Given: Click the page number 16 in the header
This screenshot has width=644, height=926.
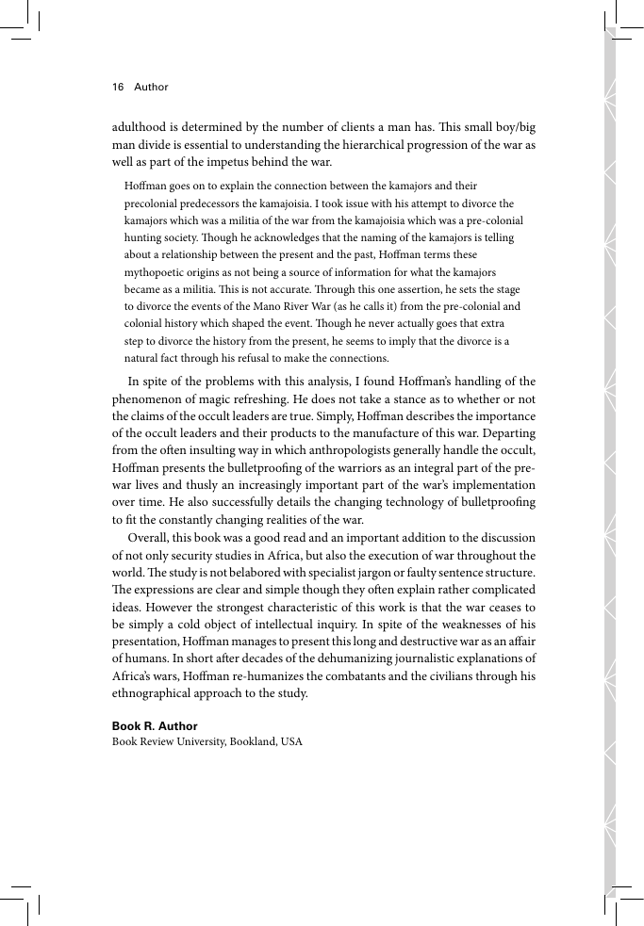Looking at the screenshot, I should [118, 87].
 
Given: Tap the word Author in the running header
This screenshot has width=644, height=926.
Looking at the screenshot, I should [151, 87].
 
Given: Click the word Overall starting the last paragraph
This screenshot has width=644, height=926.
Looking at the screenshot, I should [148, 537].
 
